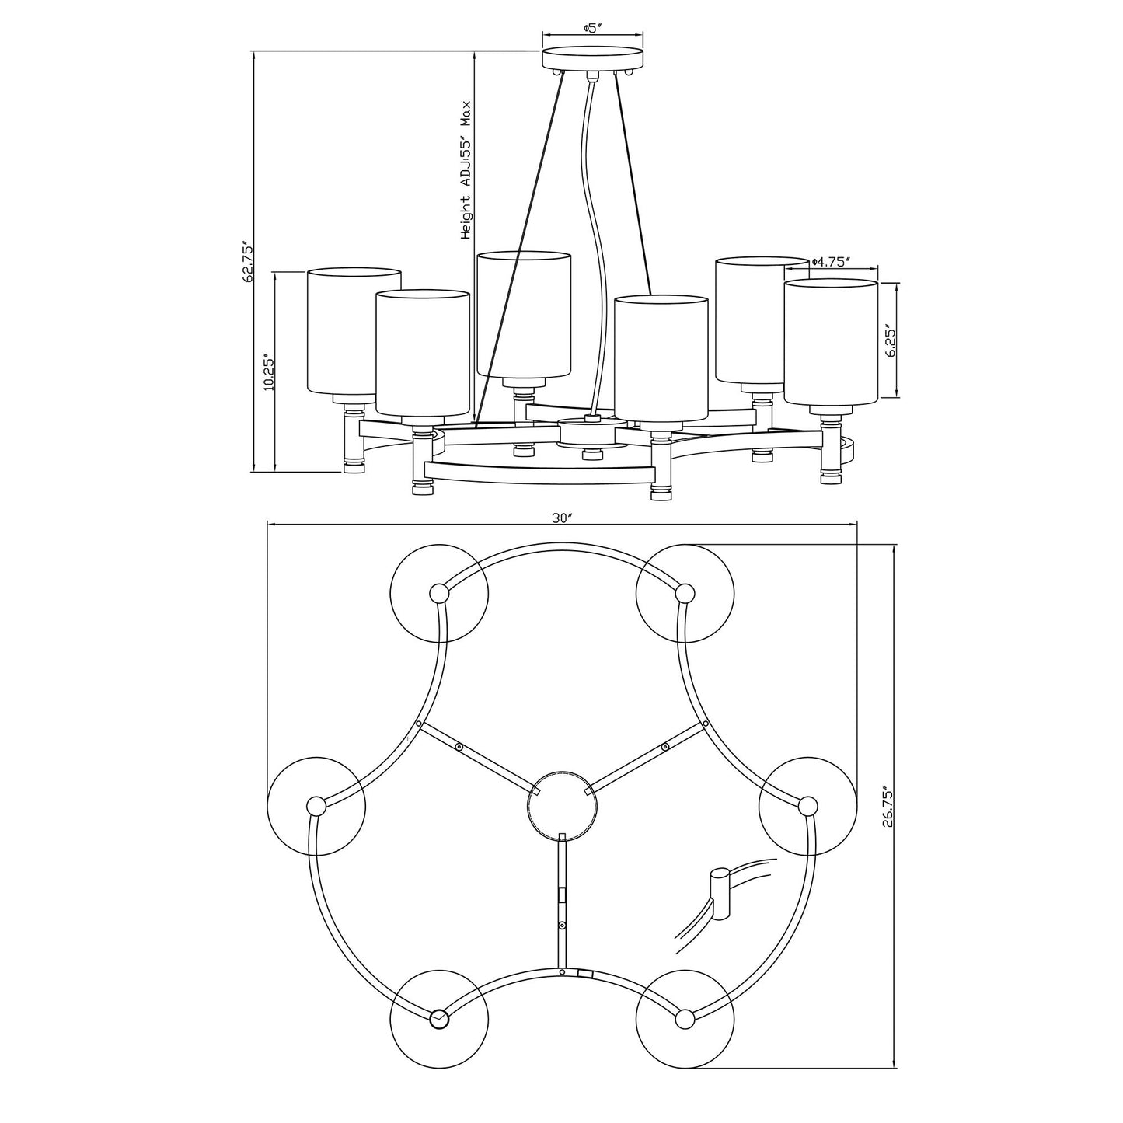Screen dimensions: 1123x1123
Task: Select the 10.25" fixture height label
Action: point(269,371)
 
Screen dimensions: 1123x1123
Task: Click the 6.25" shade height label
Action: point(889,340)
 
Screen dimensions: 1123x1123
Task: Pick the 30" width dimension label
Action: point(560,518)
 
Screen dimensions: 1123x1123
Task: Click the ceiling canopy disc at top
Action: point(593,59)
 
